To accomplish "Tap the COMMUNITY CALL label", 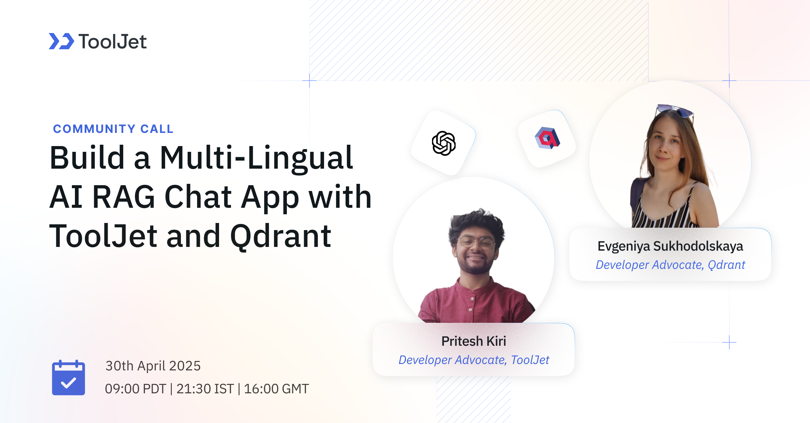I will click(x=113, y=129).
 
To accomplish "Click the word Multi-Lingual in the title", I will click(x=256, y=158).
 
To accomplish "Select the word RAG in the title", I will click(x=124, y=197).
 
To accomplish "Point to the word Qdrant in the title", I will click(x=280, y=236).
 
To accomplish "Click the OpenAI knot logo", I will click(x=443, y=143).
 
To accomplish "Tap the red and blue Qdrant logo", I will click(x=547, y=138).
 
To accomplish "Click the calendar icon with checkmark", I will click(x=69, y=378).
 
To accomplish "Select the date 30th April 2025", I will click(x=153, y=366).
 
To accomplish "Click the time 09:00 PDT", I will click(x=135, y=389).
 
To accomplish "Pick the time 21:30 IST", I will click(x=205, y=389).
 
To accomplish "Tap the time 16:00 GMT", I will click(x=276, y=389).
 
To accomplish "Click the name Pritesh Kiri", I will click(x=474, y=341).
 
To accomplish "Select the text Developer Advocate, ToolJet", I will click(x=474, y=360).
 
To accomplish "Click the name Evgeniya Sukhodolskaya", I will click(x=670, y=246).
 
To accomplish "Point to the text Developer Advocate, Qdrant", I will click(x=670, y=265).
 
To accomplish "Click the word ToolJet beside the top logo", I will click(x=112, y=42).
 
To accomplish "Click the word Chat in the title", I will click(x=198, y=197).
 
